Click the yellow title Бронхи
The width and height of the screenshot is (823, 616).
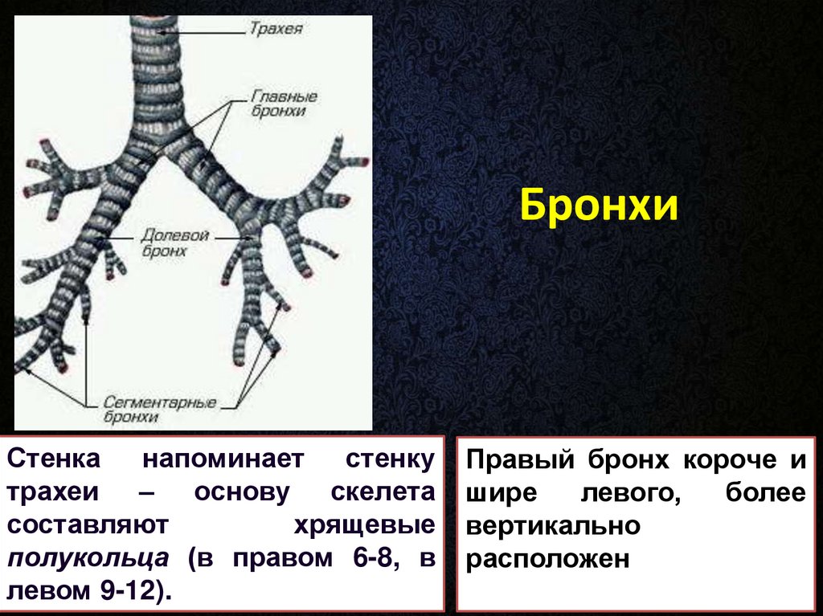click(x=599, y=205)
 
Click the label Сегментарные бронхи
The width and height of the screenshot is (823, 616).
click(x=160, y=410)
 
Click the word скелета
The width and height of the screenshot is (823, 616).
click(x=383, y=492)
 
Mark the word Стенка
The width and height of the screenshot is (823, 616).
click(x=54, y=459)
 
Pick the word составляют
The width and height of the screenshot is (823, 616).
click(x=88, y=525)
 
